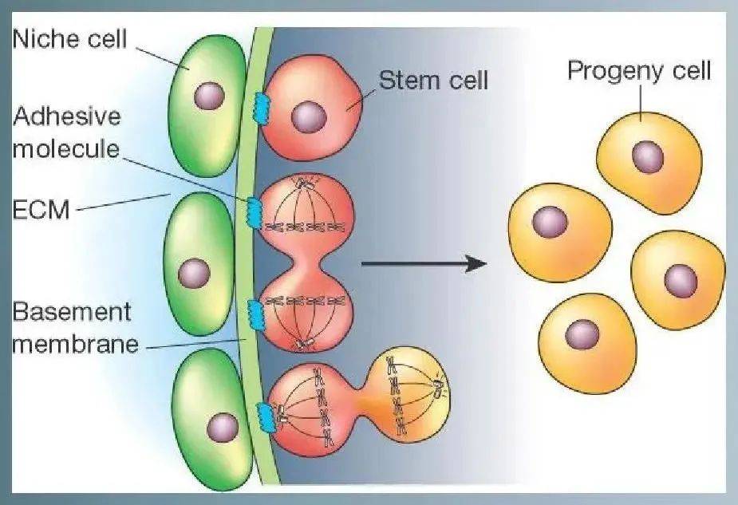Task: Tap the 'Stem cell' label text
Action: [432, 81]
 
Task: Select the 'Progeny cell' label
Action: [638, 71]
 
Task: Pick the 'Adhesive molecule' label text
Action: [67, 132]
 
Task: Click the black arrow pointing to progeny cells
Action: [423, 262]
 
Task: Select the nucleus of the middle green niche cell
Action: [194, 274]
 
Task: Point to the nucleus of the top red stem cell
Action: [307, 117]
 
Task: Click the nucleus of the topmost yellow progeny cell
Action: [648, 156]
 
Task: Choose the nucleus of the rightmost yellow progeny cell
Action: [680, 279]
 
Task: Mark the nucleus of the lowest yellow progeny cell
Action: [582, 333]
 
